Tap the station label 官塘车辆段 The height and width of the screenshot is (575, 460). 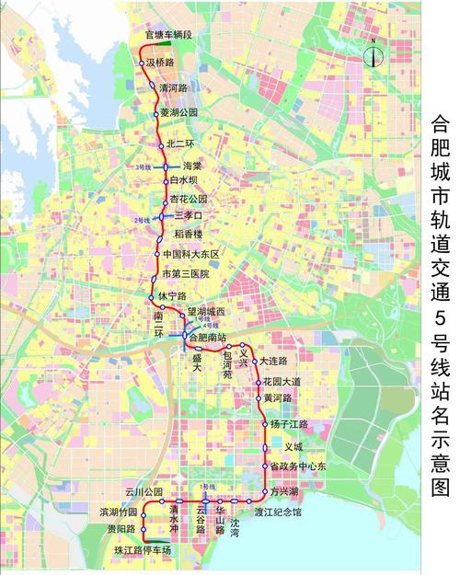click(168, 35)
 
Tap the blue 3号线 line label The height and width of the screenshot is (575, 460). click(143, 167)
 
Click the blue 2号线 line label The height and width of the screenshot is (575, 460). click(142, 221)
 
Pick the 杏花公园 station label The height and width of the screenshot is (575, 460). click(189, 198)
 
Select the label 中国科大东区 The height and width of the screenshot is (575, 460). click(190, 254)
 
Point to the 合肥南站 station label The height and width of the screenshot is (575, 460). click(206, 338)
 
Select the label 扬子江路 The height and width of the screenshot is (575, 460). click(289, 423)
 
